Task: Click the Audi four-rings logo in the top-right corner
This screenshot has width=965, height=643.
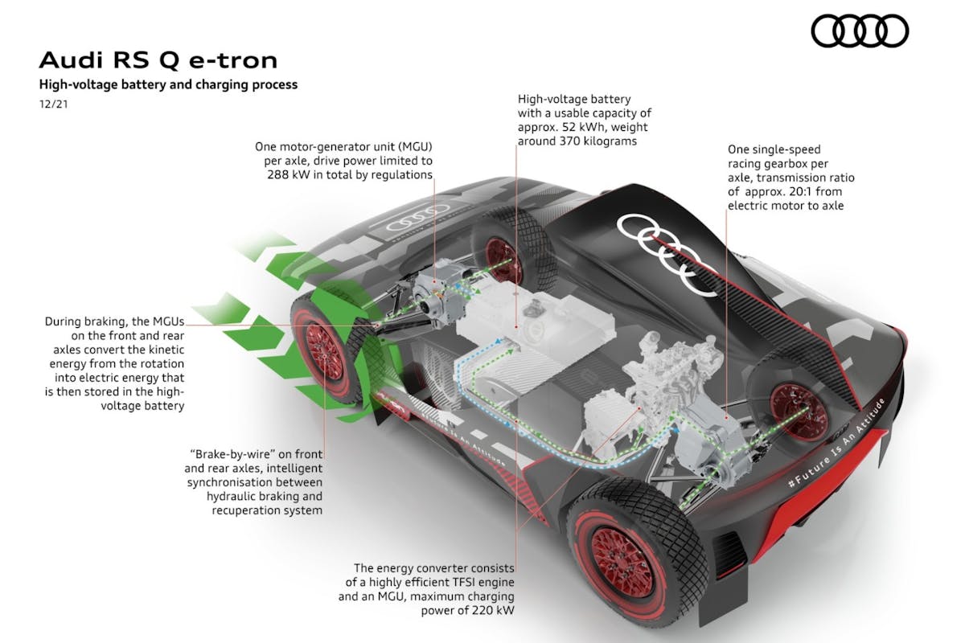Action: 860,32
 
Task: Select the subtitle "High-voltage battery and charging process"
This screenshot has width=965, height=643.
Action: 168,84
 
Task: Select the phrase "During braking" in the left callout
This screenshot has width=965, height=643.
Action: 84,321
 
